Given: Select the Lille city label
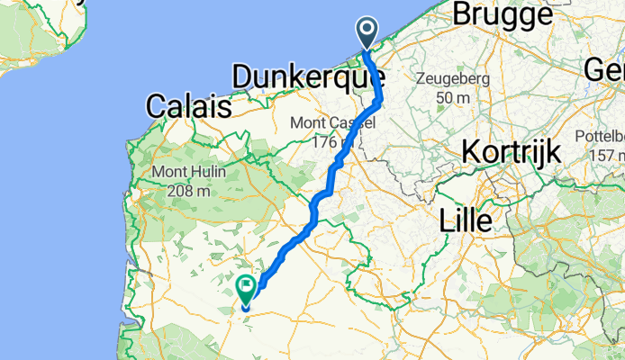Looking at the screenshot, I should [x=466, y=220].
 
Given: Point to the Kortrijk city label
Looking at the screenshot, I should [x=511, y=152].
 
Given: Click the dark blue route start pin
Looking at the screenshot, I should [x=367, y=33].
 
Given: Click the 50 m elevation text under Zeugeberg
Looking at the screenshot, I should [x=448, y=96].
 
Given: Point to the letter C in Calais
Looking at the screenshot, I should [x=155, y=106].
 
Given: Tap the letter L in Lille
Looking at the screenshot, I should [x=447, y=220].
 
